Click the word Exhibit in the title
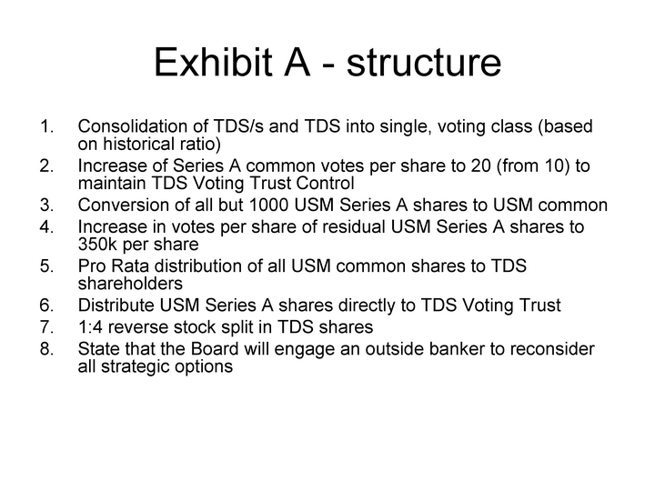point(213,62)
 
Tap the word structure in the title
point(424,63)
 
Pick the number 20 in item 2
point(480,165)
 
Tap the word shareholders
point(130,284)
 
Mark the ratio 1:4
point(90,327)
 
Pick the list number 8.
point(46,348)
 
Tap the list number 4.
point(46,226)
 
